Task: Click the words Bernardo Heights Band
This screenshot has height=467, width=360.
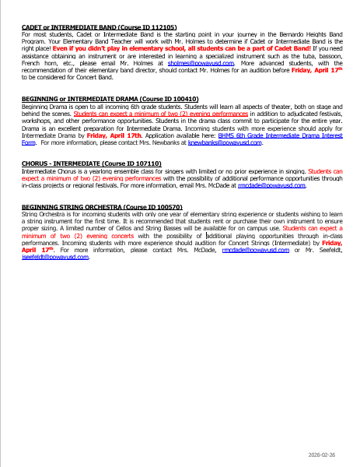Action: tap(311, 34)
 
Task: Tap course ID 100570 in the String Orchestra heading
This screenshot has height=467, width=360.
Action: tap(160, 205)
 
